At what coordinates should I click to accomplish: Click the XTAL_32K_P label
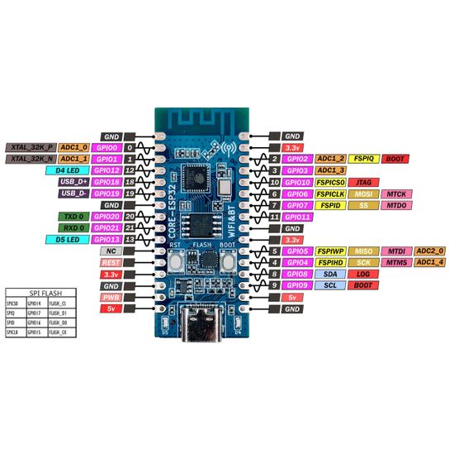pos(31,146)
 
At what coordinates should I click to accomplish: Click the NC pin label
pos(110,250)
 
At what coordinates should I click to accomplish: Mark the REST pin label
pos(110,261)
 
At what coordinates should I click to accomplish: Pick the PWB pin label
pos(110,296)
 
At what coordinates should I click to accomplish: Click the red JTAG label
pos(362,181)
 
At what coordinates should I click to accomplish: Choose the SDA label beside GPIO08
pos(329,273)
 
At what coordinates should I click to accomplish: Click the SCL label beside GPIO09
pos(329,284)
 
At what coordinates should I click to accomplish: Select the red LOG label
pos(362,273)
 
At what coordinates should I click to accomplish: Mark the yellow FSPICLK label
pos(330,193)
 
